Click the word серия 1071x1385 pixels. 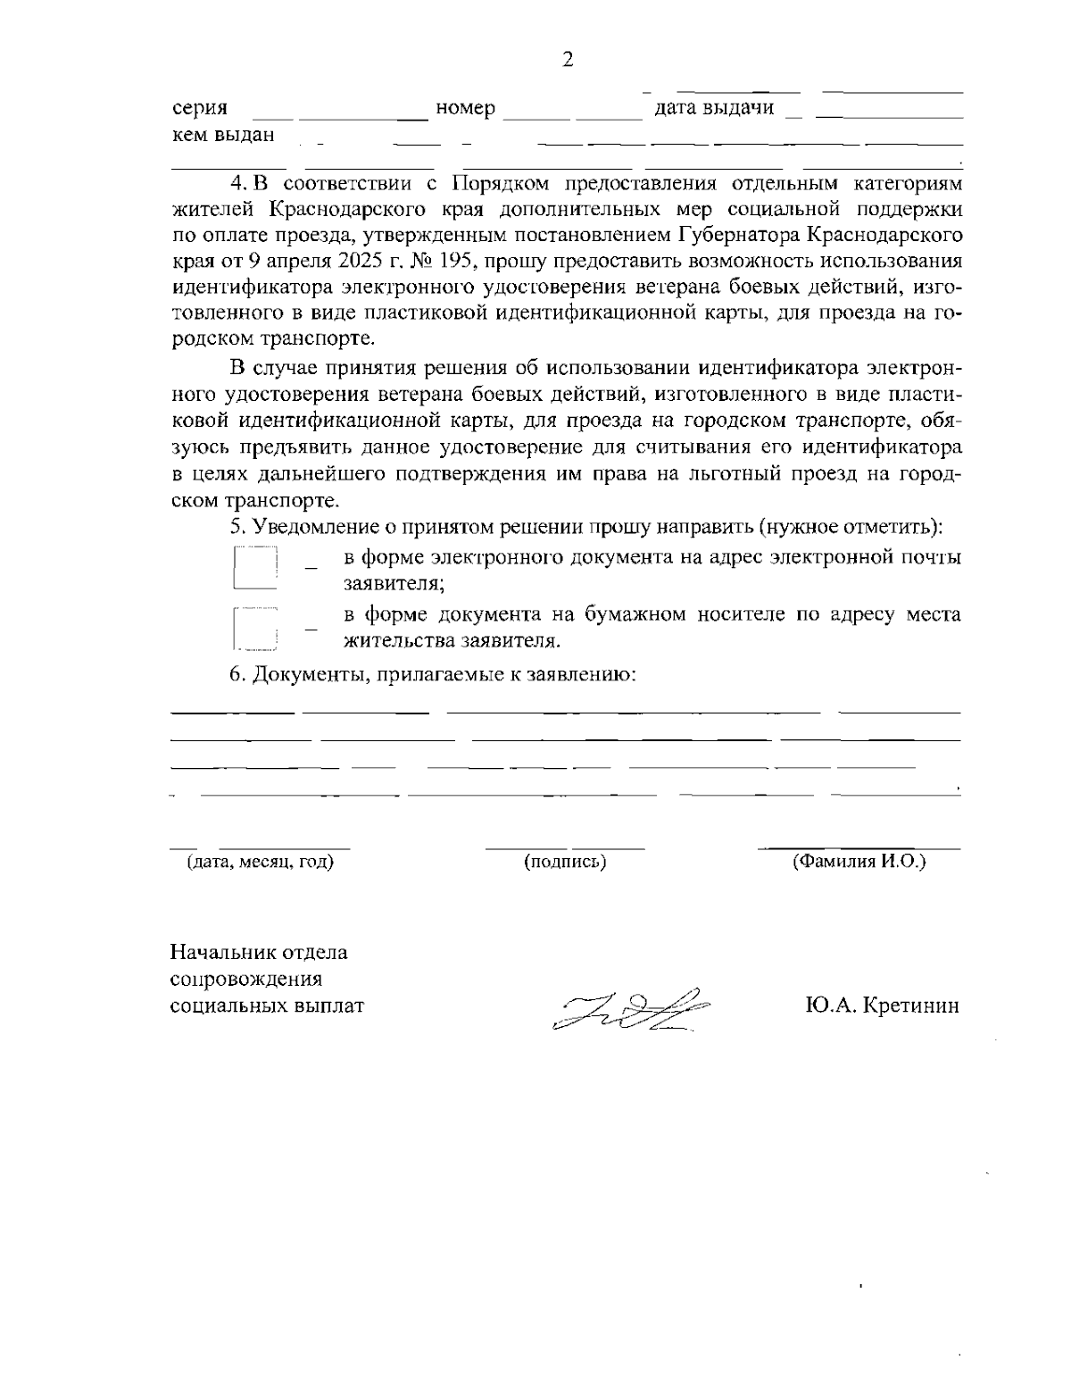pyautogui.click(x=199, y=109)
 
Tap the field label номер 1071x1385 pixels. pyautogui.click(x=465, y=109)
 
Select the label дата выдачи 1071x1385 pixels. pyautogui.click(x=714, y=109)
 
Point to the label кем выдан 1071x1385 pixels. pyautogui.click(x=222, y=135)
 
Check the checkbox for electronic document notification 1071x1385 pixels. pyautogui.click(x=256, y=569)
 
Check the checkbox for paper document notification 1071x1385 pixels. pyautogui.click(x=256, y=627)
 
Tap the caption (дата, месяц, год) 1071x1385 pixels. pyautogui.click(x=260, y=862)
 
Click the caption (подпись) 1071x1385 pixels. pyautogui.click(x=565, y=862)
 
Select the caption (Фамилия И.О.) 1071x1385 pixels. pyautogui.click(x=859, y=862)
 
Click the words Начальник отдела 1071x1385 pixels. pyautogui.click(x=259, y=952)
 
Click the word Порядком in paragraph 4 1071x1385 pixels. pyautogui.click(x=492, y=185)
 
